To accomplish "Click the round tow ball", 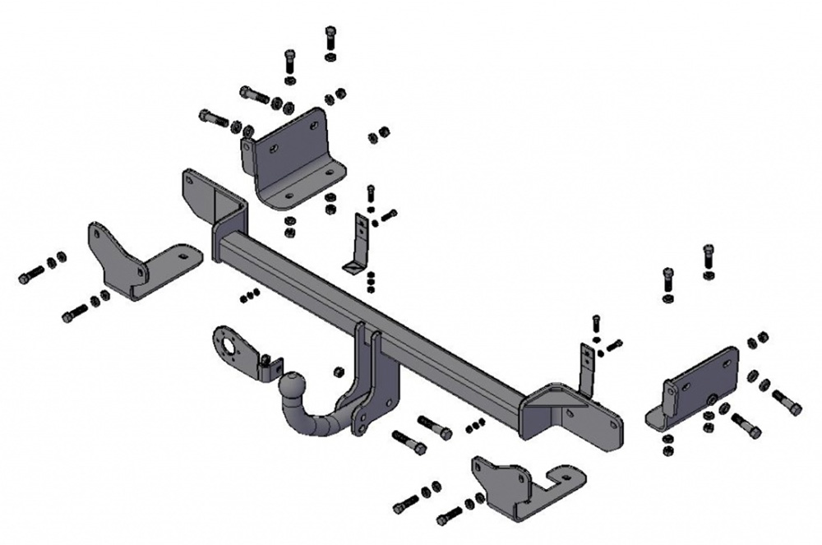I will coord(294,383).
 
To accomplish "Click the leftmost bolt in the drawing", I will coord(31,275).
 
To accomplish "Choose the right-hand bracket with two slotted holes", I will coord(695,387).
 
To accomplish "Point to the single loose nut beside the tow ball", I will coord(339,372).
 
